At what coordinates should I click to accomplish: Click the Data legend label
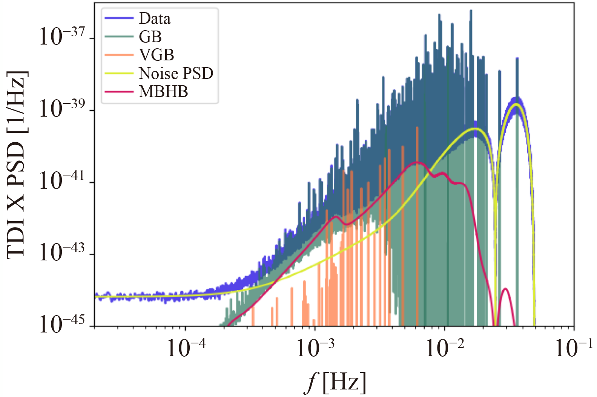tap(155, 18)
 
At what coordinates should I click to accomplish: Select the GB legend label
tap(150, 37)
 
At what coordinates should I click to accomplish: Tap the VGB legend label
tap(157, 55)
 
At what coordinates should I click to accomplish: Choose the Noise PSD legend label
tap(176, 73)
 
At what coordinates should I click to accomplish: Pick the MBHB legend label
tap(163, 92)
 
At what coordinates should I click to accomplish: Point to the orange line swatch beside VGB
tap(119, 55)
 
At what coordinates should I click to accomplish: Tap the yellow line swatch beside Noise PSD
tap(119, 73)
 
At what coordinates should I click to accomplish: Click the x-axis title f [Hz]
tap(335, 382)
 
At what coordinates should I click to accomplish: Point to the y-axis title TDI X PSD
tap(17, 165)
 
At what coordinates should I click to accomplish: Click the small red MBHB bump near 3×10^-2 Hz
tap(505, 289)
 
